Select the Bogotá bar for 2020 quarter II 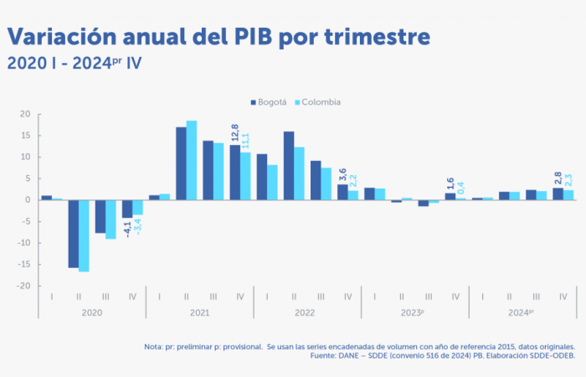point(74,234)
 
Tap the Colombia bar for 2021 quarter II point(192,160)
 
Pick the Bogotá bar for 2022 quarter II point(289,166)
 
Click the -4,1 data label point(127,227)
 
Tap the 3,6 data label point(342,174)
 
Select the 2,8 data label point(558,178)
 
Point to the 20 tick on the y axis point(25,114)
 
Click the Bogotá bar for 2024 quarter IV point(558,194)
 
